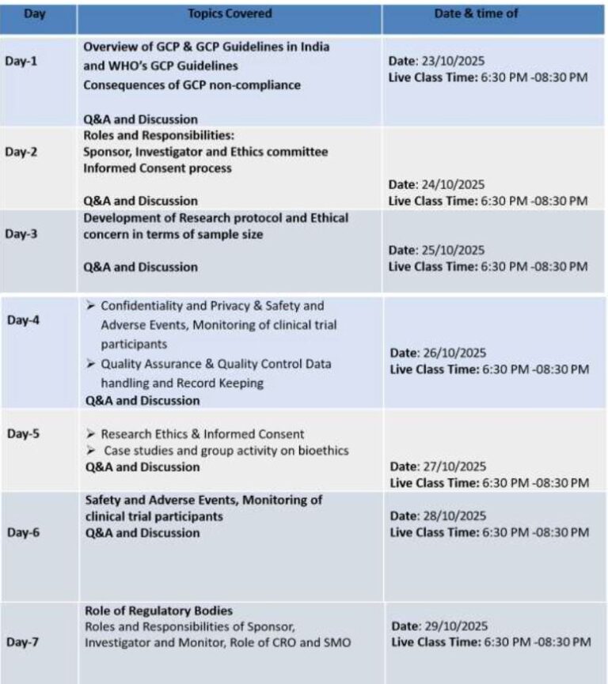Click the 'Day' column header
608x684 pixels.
click(x=35, y=13)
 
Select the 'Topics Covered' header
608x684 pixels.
click(x=230, y=13)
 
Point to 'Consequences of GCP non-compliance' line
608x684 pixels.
click(x=192, y=85)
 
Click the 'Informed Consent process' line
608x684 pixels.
click(x=158, y=168)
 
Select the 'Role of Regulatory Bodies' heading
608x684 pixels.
click(x=158, y=610)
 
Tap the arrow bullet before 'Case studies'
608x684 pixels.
click(x=90, y=451)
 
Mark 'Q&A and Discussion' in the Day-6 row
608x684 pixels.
click(x=141, y=533)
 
